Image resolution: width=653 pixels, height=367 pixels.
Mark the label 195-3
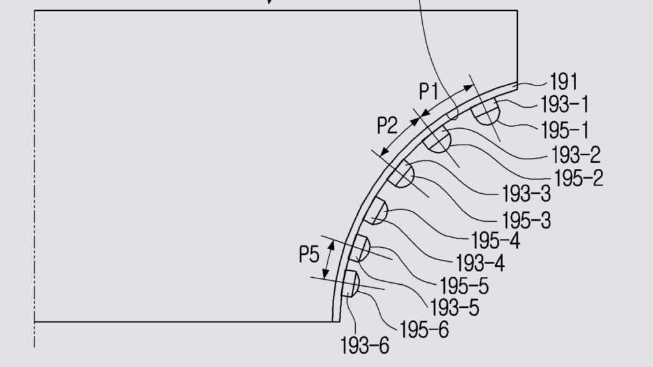pyautogui.click(x=526, y=220)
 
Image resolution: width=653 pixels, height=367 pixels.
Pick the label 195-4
pyautogui.click(x=495, y=241)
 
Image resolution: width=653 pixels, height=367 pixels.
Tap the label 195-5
pyautogui.click(x=464, y=285)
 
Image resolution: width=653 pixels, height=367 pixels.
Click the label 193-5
pyautogui.click(x=455, y=307)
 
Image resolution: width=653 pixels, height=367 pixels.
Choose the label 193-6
pyautogui.click(x=364, y=346)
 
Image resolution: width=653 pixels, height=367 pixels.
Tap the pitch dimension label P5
pyautogui.click(x=309, y=255)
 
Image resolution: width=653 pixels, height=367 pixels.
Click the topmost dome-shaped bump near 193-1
pyautogui.click(x=485, y=113)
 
